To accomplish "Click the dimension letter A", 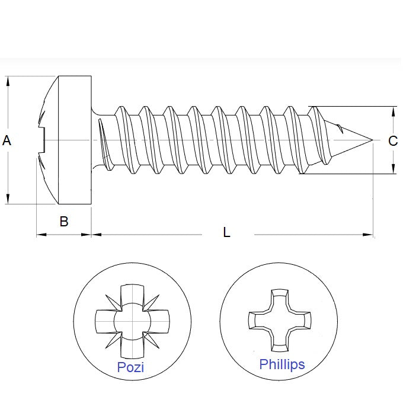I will (x=7, y=140).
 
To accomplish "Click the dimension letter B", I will (x=64, y=222).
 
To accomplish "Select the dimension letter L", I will (x=226, y=232).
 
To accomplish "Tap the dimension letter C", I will (x=392, y=141).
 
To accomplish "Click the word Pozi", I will (x=130, y=367).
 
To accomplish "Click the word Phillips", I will (x=282, y=364).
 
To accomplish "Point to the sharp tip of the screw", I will (x=372, y=140).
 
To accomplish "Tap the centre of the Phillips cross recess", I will (x=279, y=320).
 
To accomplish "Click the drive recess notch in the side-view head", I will (x=41, y=140).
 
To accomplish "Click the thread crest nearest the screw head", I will (x=121, y=109).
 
